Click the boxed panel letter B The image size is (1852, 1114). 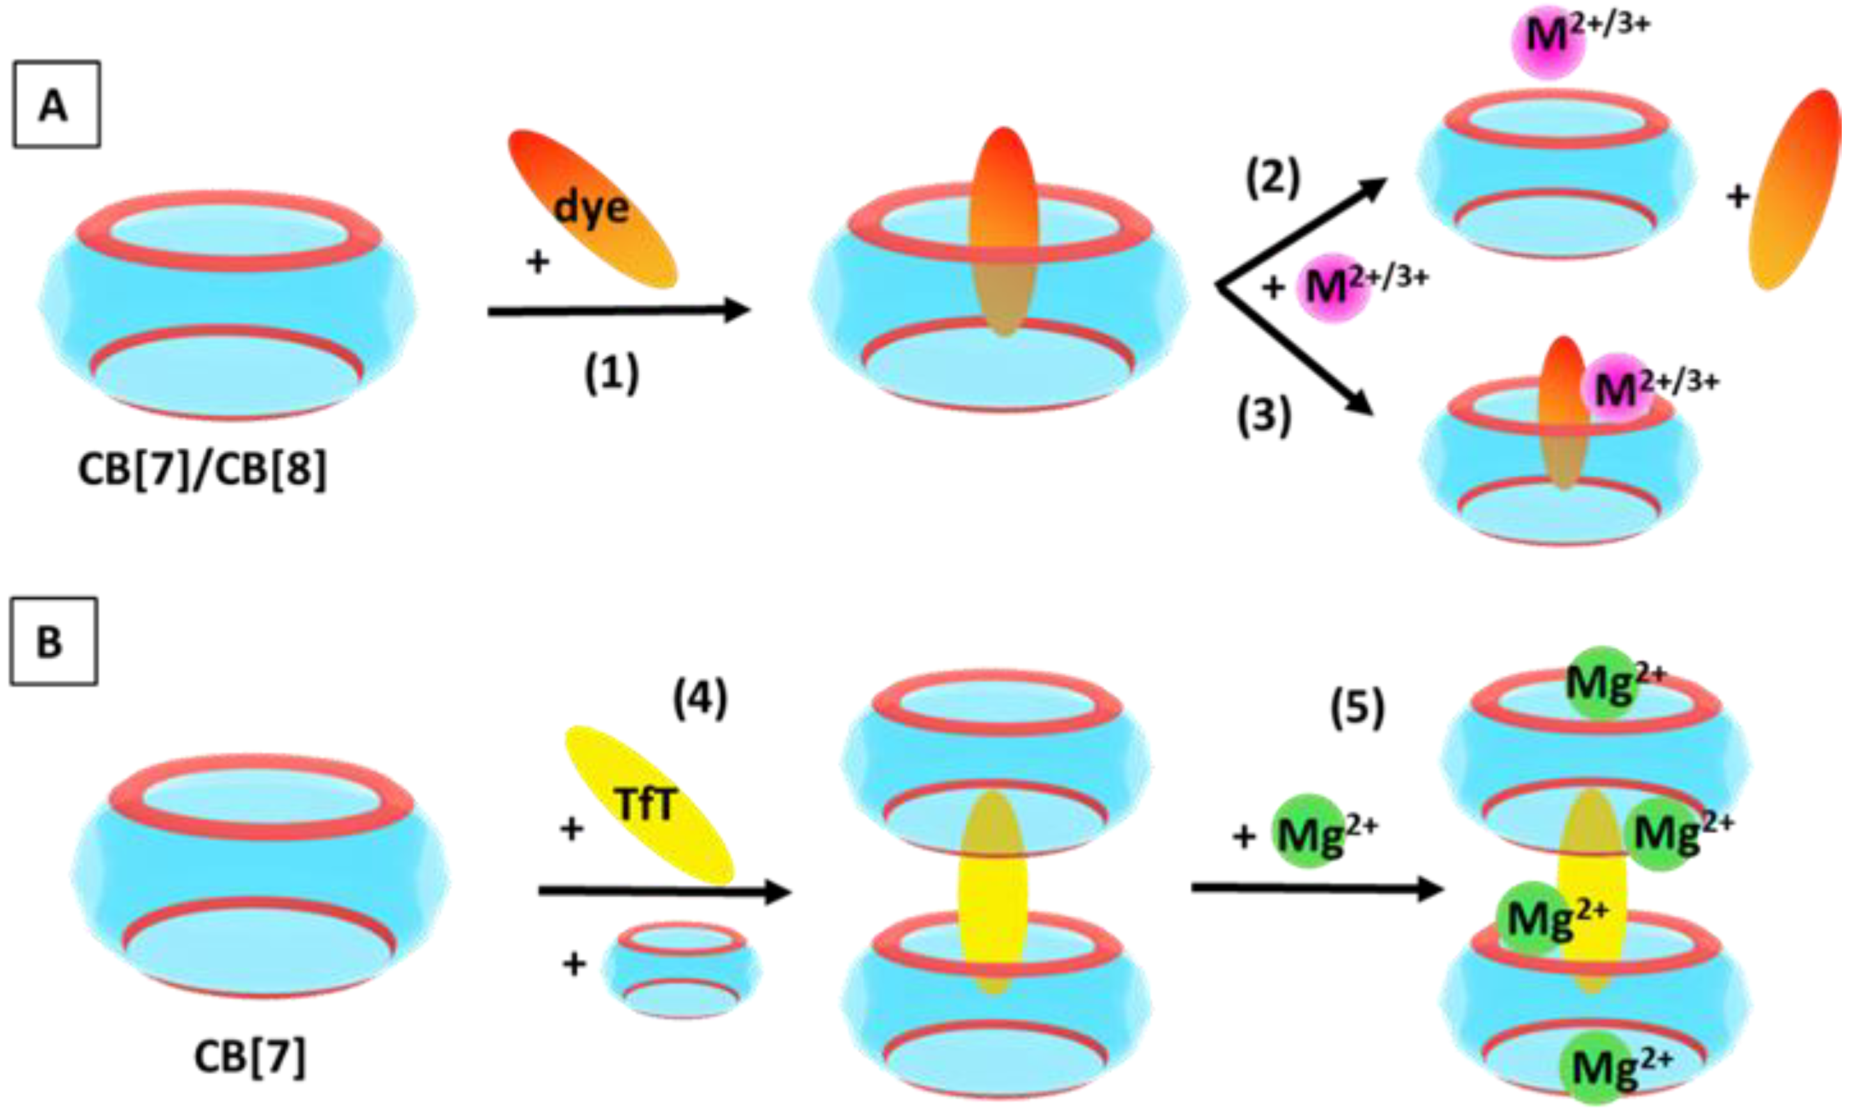point(52,642)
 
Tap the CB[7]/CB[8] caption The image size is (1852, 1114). point(203,471)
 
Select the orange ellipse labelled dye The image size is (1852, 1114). point(592,208)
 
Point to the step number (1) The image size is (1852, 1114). point(612,373)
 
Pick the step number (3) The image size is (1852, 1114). point(1264,416)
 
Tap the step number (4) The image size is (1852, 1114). point(700,700)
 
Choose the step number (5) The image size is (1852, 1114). point(1357,709)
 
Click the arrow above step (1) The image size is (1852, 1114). point(618,310)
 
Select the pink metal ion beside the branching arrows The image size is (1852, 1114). point(1333,286)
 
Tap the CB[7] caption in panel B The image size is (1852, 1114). point(249,1057)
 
